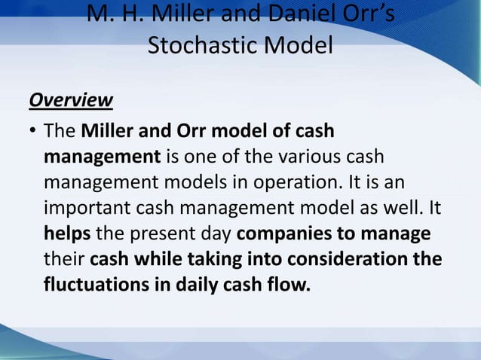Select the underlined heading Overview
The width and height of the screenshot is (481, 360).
pos(71,100)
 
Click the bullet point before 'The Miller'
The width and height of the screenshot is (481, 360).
pos(33,133)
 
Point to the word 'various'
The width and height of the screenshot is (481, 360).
pos(312,157)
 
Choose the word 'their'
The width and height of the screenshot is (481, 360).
pos(64,258)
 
